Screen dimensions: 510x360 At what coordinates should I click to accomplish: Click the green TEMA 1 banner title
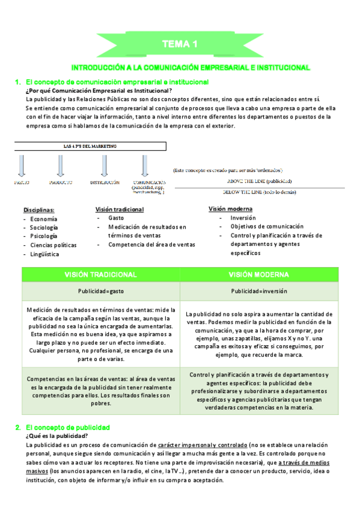[180, 45]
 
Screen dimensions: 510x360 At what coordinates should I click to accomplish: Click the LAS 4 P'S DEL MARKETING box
[90, 146]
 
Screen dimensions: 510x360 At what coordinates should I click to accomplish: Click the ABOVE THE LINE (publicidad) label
[259, 181]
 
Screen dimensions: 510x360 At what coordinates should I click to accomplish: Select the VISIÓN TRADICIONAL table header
[100, 274]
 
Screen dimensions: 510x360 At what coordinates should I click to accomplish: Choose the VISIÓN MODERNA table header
[258, 274]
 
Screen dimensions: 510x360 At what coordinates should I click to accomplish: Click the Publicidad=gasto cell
[100, 291]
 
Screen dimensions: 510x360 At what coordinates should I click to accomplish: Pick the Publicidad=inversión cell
[258, 291]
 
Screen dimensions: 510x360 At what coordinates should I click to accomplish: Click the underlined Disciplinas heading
[39, 210]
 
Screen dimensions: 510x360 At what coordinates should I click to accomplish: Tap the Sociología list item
[44, 228]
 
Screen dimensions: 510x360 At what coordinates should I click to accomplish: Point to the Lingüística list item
[44, 254]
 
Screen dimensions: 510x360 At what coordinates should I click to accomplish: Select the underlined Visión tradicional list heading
[120, 209]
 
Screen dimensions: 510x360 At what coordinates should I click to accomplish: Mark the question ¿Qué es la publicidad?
[56, 435]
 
